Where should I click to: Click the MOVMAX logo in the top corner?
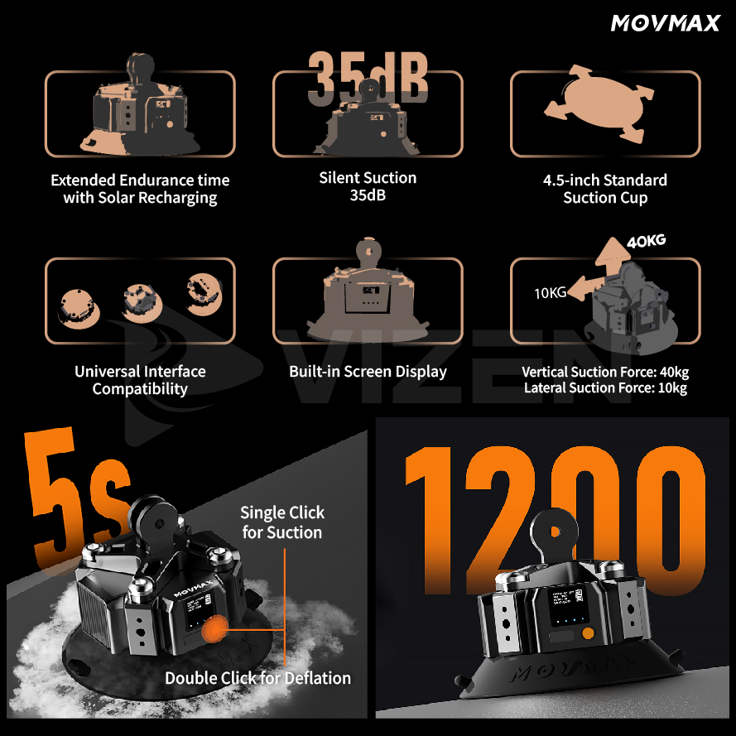(x=666, y=22)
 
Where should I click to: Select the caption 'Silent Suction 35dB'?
(x=368, y=186)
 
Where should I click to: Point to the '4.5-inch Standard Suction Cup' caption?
(x=605, y=189)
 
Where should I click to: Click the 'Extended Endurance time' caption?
(x=140, y=180)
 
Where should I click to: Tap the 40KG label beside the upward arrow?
(x=647, y=242)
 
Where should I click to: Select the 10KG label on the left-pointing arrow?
(x=550, y=292)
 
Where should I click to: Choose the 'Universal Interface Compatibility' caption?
(x=140, y=380)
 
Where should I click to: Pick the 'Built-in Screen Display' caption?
(x=368, y=372)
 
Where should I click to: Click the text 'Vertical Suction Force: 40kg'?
(x=605, y=372)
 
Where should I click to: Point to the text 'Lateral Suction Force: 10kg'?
(x=605, y=388)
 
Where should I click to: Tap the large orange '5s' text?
(x=79, y=488)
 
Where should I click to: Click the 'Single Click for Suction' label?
(x=282, y=522)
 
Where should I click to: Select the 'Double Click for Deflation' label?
(x=257, y=678)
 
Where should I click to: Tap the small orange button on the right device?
(x=587, y=634)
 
